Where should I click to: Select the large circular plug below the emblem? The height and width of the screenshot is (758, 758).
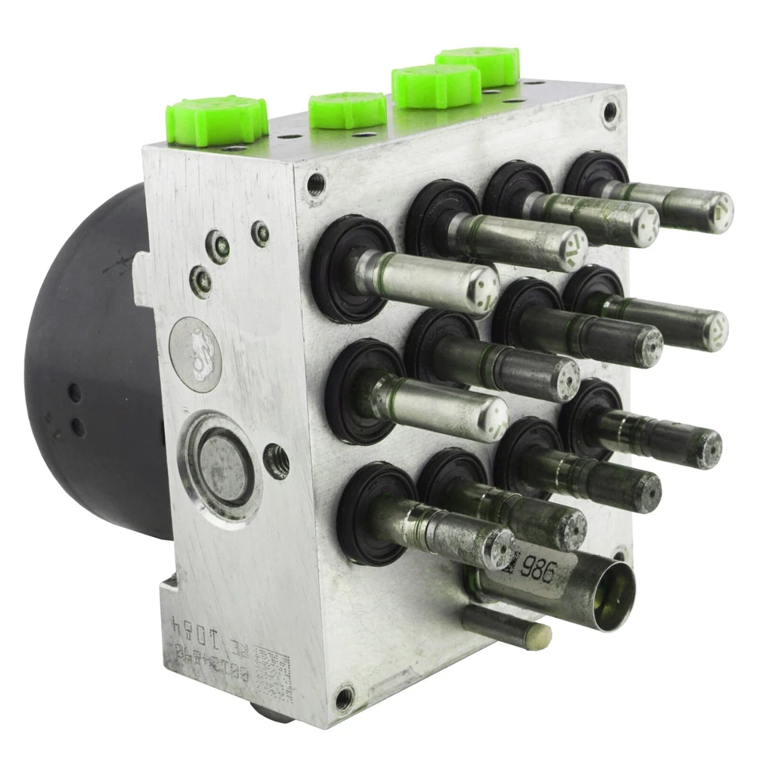tap(220, 466)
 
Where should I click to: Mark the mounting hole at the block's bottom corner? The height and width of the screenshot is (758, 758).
tap(344, 698)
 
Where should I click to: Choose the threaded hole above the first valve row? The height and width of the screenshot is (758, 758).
tap(315, 186)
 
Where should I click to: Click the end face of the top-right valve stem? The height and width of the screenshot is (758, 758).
tap(719, 212)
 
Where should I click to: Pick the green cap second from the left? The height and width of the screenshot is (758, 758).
tap(347, 111)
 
